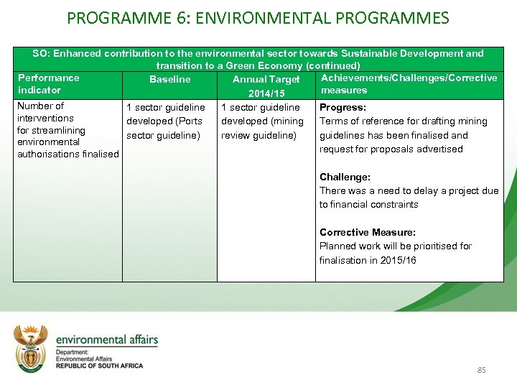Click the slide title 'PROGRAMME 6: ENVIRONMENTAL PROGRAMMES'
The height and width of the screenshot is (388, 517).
(x=258, y=17)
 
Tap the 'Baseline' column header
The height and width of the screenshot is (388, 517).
(x=169, y=79)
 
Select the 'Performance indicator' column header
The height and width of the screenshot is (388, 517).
(x=49, y=84)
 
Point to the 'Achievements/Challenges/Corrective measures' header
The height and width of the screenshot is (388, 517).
(x=409, y=84)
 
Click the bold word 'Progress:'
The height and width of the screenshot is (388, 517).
(x=343, y=107)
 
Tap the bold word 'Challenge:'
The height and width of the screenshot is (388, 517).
(x=345, y=177)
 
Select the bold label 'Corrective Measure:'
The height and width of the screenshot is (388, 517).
(x=367, y=232)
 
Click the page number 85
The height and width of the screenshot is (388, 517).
(x=481, y=370)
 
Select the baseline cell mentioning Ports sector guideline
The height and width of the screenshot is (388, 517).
(x=165, y=121)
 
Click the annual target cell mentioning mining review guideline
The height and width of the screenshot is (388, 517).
(x=262, y=121)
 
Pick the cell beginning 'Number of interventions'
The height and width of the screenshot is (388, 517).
(x=67, y=130)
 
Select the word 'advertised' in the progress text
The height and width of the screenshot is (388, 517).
(x=439, y=149)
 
